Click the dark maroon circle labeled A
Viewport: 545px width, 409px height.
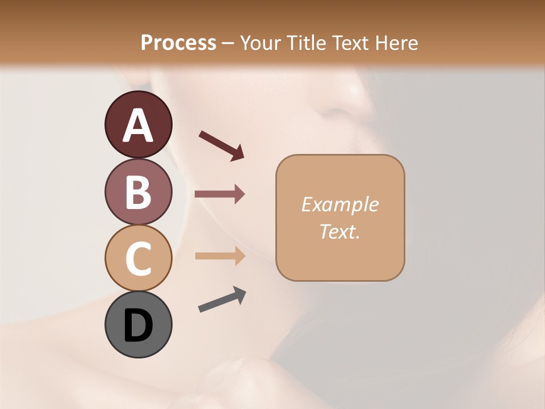138,124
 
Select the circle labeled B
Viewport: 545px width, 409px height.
138,191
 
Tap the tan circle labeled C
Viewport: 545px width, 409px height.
138,258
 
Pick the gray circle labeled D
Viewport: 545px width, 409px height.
138,325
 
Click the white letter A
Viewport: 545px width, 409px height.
138,126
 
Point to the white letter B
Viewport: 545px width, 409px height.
138,192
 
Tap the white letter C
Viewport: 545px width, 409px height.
138,258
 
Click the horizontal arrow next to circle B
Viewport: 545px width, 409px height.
220,194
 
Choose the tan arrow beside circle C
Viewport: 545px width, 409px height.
220,256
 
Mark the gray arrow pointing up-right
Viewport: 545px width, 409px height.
222,300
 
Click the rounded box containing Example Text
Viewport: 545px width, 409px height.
340,218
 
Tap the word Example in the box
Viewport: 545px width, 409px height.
339,204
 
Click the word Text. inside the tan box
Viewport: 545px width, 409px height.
339,232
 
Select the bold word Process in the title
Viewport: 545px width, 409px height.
178,43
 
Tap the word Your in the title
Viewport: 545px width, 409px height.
261,43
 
